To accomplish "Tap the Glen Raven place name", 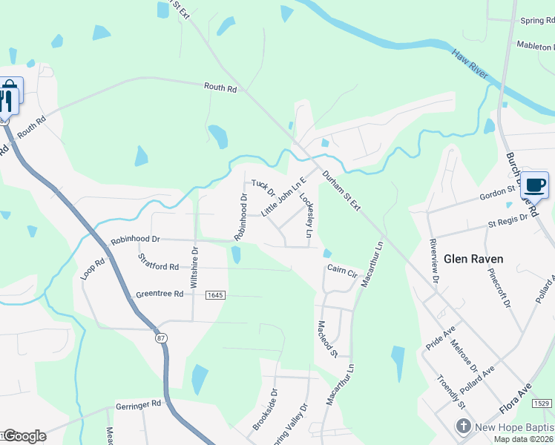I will click(473, 259).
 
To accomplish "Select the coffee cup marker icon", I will click(534, 184).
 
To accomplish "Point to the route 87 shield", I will click(161, 338).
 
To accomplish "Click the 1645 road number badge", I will click(215, 295).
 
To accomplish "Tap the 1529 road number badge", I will click(542, 403).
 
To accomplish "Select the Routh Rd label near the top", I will click(220, 88).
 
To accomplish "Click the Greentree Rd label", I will click(160, 294).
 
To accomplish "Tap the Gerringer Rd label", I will click(138, 405).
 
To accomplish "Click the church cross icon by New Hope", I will click(463, 426).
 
